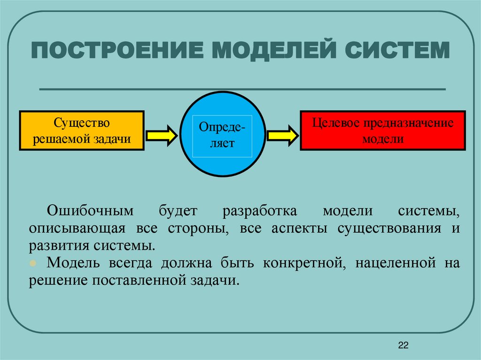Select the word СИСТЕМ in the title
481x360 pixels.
[x=398, y=50]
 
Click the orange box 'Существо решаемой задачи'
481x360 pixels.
[x=81, y=130]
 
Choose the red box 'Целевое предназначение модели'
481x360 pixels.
[x=383, y=130]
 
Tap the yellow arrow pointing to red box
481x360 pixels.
[x=282, y=135]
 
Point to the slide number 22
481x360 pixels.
[x=403, y=346]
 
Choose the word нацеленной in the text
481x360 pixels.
[x=394, y=263]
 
